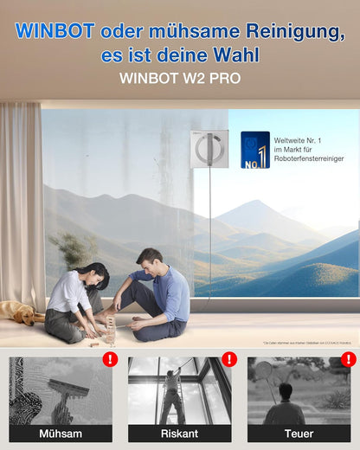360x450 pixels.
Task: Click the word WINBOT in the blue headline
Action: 55,32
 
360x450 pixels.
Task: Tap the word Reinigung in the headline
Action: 284,32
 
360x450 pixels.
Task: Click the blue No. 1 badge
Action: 254,149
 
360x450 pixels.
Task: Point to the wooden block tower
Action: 110,328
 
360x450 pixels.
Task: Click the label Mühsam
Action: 60,433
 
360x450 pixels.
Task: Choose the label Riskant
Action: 179,433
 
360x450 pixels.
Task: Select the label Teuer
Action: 299,433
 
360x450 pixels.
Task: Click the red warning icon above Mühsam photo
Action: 110,359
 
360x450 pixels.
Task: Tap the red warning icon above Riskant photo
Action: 229,359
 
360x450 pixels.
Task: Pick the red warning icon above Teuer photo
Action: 348,359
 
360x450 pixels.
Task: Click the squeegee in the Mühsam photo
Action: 67,389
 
